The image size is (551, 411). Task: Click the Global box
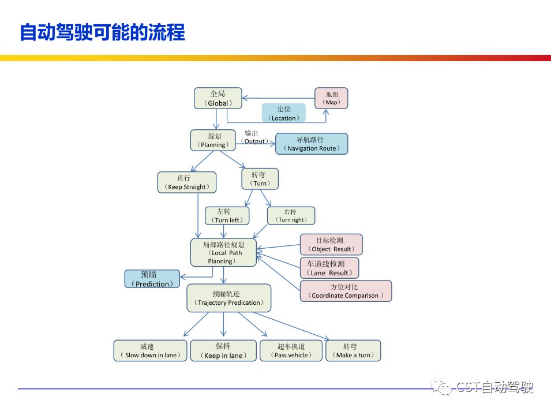tap(218, 98)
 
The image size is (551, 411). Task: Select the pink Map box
tap(331, 98)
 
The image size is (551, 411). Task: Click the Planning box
tap(213, 140)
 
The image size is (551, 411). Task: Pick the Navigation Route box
tap(312, 144)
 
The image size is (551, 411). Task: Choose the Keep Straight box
tap(187, 182)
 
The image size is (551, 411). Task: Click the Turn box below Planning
tap(260, 179)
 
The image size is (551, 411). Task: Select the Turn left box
tap(227, 216)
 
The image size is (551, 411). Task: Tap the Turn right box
tap(291, 216)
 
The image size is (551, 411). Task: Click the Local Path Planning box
tap(223, 253)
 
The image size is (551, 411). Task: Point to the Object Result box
tap(331, 245)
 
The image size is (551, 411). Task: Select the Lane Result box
tap(329, 268)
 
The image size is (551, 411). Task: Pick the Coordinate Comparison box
tap(346, 291)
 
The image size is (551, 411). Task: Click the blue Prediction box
tap(152, 279)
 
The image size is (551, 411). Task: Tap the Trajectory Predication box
tap(229, 298)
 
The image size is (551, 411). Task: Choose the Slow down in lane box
tap(150, 351)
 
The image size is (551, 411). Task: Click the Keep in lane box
tap(223, 351)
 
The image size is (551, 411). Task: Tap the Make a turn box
tap(353, 351)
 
